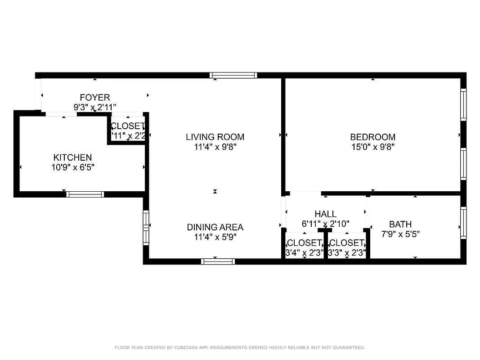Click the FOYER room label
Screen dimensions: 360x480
coord(94,98)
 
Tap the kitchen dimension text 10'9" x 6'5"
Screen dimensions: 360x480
coord(72,167)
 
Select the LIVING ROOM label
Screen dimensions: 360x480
coord(215,137)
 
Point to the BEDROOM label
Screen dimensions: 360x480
coord(372,137)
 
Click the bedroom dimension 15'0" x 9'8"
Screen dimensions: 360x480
coord(372,147)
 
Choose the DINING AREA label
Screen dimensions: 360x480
coord(215,227)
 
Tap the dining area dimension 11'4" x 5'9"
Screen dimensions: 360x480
coord(215,237)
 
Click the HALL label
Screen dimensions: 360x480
coord(325,214)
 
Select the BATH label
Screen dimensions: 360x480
coord(400,224)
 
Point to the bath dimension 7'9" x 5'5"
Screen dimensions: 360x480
coord(400,234)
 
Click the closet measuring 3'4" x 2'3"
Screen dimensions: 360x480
coord(304,248)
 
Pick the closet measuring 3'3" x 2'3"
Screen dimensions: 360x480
coord(346,248)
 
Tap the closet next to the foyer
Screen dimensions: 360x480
coord(128,130)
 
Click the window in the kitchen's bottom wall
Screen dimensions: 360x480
coord(85,194)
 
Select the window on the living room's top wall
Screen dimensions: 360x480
coord(233,75)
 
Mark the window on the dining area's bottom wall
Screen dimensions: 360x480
coord(218,261)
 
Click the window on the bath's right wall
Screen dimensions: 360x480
coord(463,222)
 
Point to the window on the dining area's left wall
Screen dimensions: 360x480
coord(146,227)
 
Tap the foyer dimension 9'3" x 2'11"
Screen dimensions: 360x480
coord(94,107)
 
